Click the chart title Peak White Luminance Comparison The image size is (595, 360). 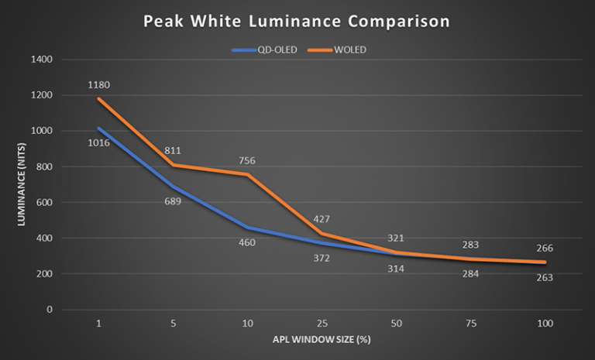point(297,21)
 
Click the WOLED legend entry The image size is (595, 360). point(339,50)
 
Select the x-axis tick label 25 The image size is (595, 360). point(322,323)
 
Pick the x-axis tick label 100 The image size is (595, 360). point(545,323)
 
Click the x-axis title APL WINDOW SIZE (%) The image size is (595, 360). point(322,340)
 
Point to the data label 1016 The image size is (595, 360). point(99,143)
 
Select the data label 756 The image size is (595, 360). point(247,161)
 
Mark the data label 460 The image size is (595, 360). point(247,242)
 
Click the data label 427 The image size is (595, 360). point(322,219)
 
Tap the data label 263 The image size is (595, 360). point(545,277)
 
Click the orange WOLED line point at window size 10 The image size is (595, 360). point(247,174)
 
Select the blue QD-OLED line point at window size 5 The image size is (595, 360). point(173,187)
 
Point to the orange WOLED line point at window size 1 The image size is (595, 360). point(99,99)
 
